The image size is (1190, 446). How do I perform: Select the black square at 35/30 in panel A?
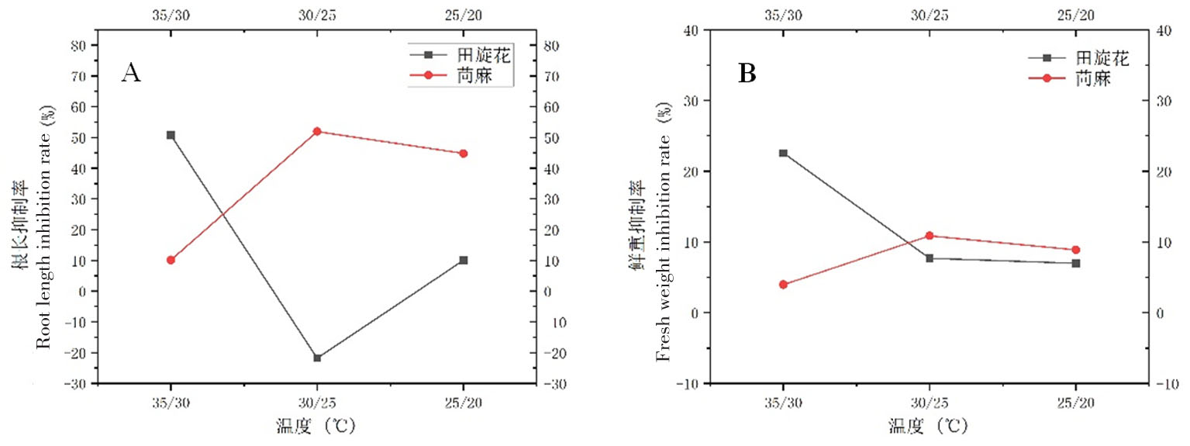click(171, 135)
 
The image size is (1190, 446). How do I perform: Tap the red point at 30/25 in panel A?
click(317, 131)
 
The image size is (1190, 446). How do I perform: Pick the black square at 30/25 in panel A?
click(317, 358)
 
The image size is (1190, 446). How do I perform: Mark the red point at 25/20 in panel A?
click(464, 154)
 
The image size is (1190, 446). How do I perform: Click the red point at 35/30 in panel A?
click(171, 260)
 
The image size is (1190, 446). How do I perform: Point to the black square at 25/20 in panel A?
click(464, 260)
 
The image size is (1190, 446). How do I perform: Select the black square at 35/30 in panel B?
click(783, 153)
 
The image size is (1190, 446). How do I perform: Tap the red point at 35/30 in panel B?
click(783, 285)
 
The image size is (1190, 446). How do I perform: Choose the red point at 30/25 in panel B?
click(930, 236)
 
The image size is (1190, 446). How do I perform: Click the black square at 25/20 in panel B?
click(1076, 263)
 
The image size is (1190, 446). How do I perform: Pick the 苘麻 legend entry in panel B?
click(1093, 78)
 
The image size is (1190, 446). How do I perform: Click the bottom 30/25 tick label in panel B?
click(930, 403)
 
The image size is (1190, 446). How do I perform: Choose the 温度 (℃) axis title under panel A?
click(318, 426)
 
